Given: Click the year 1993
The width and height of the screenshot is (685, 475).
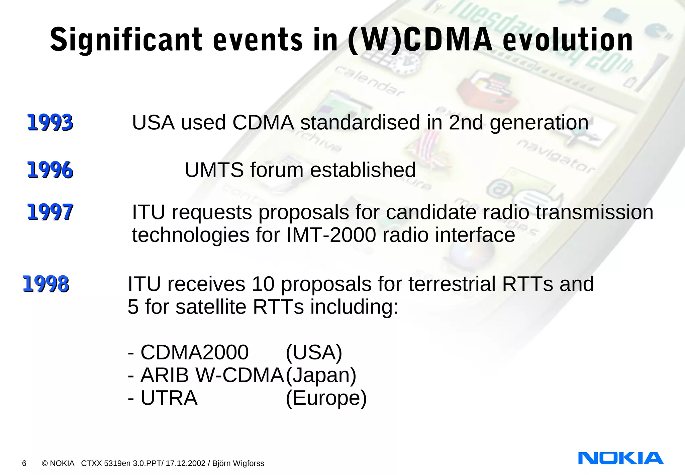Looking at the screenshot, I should coord(50,122).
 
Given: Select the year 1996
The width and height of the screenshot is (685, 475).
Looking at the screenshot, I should coord(50,170).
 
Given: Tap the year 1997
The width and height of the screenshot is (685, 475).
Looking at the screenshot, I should coord(50,212).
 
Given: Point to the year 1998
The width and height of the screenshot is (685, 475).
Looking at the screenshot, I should coord(46,284).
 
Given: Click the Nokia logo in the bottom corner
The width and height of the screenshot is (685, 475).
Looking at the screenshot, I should coord(620,458).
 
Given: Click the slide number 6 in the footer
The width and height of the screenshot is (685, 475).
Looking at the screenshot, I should coord(24,463).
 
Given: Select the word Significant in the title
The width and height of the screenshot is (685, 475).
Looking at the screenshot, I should coord(126,40).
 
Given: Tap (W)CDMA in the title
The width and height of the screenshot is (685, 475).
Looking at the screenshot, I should coord(420,40).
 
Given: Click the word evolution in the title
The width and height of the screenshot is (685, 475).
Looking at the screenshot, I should coord(568,40).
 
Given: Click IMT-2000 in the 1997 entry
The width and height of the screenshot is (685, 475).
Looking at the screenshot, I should coord(331,235).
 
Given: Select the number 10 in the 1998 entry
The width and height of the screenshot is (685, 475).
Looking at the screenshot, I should coord(263,284).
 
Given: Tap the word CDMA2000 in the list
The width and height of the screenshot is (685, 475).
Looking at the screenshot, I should coord(194,352).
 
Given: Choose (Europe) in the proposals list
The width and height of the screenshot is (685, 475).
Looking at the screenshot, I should coord(326,398).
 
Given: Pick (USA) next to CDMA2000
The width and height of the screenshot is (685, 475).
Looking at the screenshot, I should coord(314,352).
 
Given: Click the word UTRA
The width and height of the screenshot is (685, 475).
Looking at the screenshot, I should coord(169,398).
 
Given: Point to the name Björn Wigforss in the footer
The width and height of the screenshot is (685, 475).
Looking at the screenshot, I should coord(238,463).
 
